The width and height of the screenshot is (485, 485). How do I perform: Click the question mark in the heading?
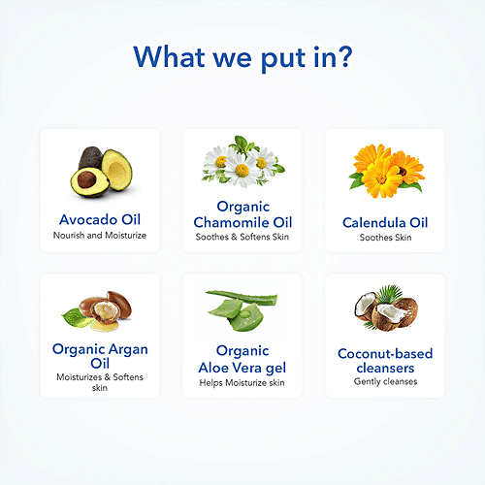click(344, 56)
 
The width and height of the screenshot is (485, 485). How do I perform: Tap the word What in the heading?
click(169, 57)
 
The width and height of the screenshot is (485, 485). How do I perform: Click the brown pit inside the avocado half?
click(86, 179)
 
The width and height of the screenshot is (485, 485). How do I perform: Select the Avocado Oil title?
click(100, 219)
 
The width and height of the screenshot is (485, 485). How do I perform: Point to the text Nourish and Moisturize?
click(100, 235)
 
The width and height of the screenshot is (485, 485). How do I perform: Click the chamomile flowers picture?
click(242, 162)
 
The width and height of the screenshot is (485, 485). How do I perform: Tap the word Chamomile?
click(231, 222)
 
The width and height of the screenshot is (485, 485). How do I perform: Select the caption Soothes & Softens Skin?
click(242, 237)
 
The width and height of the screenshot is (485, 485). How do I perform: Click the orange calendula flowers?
click(386, 172)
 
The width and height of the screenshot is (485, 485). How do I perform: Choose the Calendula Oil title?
click(385, 222)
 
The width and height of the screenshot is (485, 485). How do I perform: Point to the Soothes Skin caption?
click(385, 238)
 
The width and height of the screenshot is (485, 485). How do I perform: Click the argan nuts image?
click(100, 311)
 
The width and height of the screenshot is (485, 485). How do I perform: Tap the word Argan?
click(128, 350)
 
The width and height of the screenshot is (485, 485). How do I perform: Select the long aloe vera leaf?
click(242, 298)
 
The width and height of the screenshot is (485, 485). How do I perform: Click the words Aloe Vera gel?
click(242, 368)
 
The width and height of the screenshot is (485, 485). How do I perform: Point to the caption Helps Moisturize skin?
click(242, 383)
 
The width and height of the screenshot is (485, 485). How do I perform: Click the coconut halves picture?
click(385, 308)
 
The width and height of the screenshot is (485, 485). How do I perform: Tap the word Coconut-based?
click(385, 353)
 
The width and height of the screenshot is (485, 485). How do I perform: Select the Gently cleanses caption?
click(385, 381)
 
